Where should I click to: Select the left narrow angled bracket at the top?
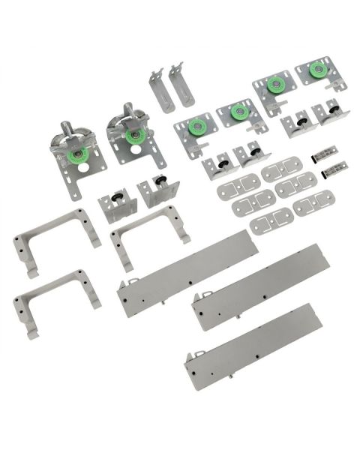(160, 89)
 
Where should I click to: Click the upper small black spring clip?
(325, 152)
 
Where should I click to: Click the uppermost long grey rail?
(187, 273)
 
